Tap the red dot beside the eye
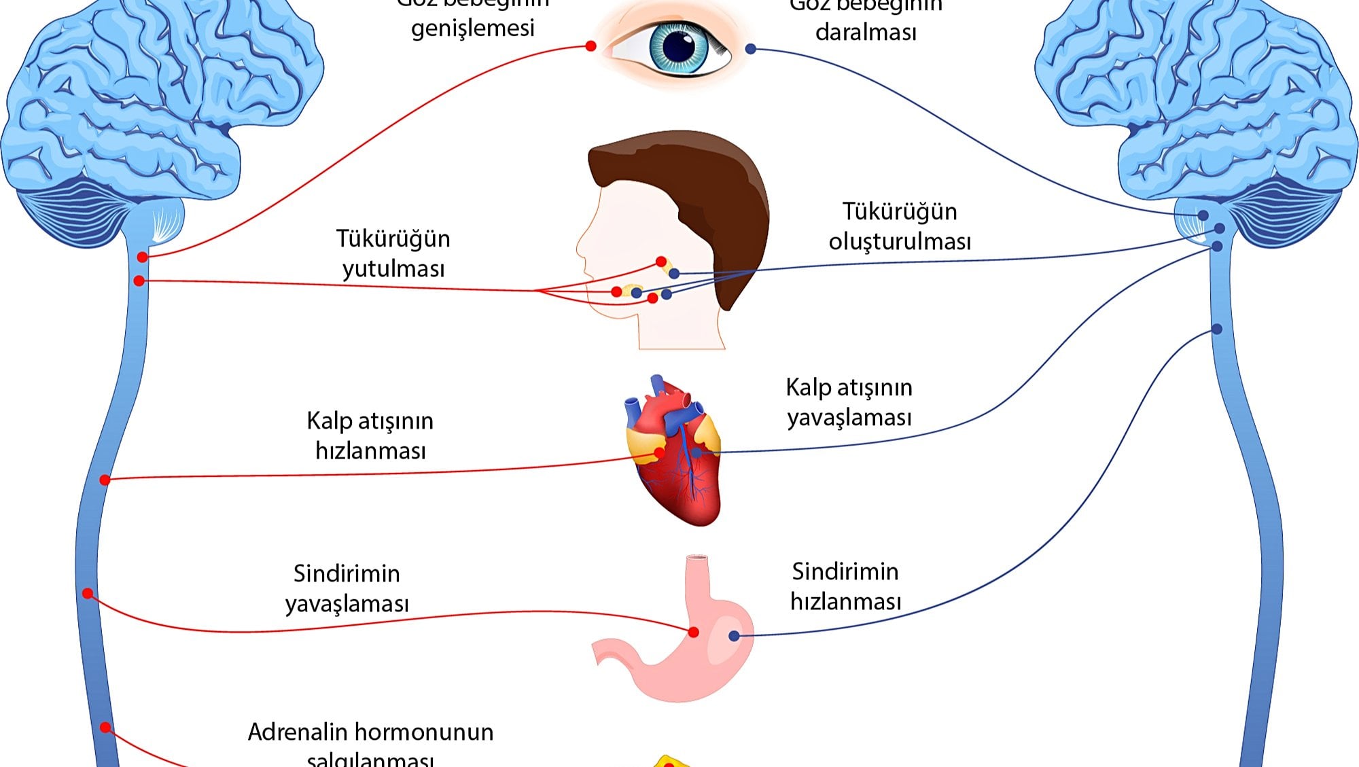pos(590,46)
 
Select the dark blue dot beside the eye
pos(751,49)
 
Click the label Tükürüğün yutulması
pos(393,253)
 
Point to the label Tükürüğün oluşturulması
pos(900,226)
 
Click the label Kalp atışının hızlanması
pos(370,435)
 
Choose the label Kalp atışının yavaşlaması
pos(849,402)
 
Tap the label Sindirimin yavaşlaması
pos(347,588)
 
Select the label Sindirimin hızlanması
pos(845,586)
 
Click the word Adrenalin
pos(297,732)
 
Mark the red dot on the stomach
pos(694,632)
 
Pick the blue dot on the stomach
pos(734,636)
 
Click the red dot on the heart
pos(659,452)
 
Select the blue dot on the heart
pos(696,452)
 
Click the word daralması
pos(866,32)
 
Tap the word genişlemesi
pos(473,29)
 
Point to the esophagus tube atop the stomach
pos(698,574)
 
